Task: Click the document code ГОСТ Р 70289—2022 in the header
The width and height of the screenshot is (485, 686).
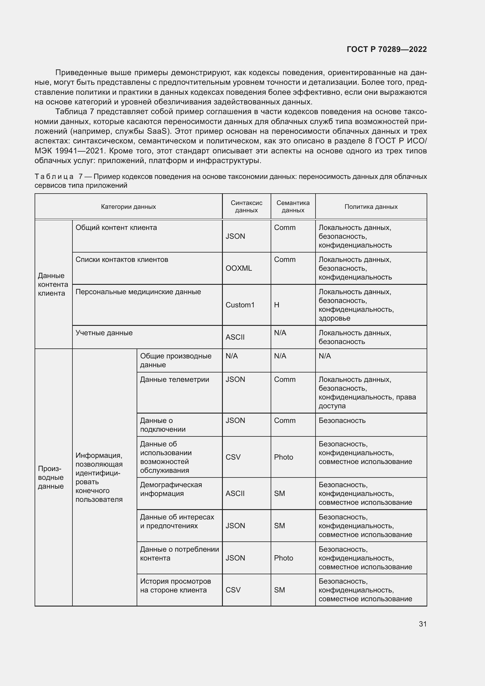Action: tap(386, 49)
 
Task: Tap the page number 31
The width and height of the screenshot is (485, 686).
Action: tap(423, 624)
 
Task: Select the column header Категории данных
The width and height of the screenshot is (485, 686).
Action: tap(128, 207)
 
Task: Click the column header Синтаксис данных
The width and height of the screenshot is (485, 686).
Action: tap(246, 206)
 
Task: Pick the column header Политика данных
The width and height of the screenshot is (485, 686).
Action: tap(371, 207)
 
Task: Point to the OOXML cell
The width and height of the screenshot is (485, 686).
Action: tap(239, 268)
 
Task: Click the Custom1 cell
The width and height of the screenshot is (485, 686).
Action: tap(240, 305)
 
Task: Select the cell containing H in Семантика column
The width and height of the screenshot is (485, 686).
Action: tap(277, 305)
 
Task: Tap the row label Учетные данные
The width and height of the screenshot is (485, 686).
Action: tap(104, 333)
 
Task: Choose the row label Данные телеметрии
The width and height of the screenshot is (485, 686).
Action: tap(174, 380)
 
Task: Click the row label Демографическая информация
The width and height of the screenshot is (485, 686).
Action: tap(171, 489)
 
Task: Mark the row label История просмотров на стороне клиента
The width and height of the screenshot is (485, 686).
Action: tap(175, 586)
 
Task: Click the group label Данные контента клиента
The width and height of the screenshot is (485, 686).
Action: tap(53, 284)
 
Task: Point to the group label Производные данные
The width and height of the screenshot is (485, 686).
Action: tap(51, 477)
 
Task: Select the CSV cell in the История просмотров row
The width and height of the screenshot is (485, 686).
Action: tap(233, 590)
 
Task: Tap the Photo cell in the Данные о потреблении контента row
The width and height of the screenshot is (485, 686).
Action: tap(284, 558)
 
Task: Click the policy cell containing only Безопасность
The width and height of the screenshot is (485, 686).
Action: tap(342, 421)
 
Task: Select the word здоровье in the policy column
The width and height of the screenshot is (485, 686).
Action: tap(334, 318)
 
